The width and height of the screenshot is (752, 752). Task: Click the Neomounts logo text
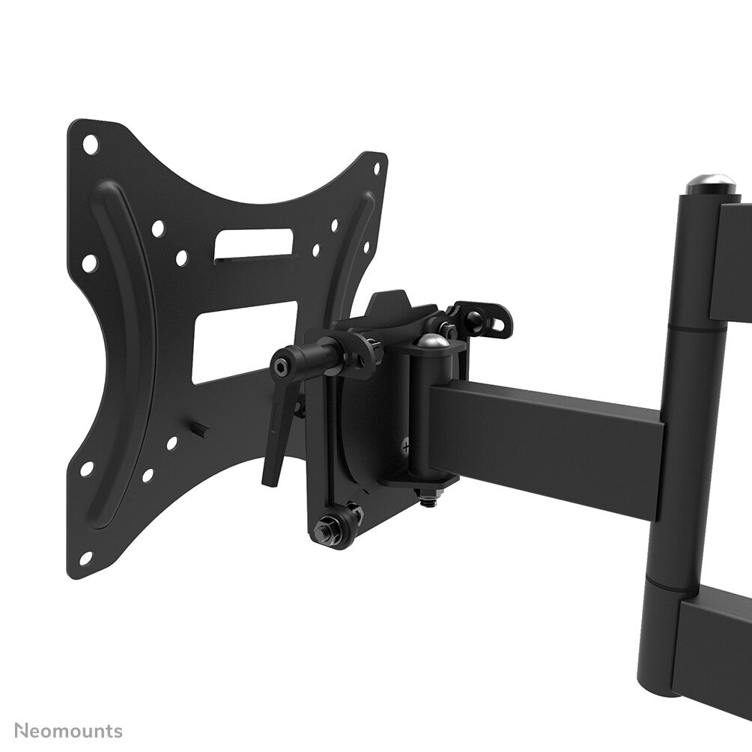[x=68, y=730]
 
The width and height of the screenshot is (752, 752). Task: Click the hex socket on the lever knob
[x=280, y=367]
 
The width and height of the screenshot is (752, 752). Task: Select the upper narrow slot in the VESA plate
[x=254, y=244]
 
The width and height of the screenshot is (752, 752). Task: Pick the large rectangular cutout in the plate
[x=243, y=342]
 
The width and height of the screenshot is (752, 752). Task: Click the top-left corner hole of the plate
[x=90, y=145]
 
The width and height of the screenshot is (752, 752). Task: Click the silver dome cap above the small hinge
[x=432, y=342]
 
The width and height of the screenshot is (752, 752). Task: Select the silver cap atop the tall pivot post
[x=710, y=181]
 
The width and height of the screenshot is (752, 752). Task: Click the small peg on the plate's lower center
[x=200, y=429]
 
